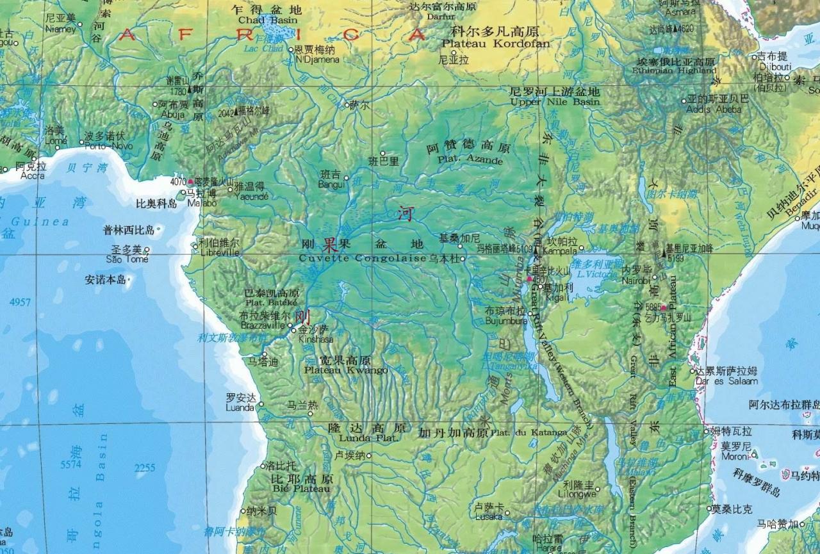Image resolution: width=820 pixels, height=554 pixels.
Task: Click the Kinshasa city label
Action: coord(316,339)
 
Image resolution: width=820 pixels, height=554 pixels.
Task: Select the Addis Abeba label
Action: coord(714,109)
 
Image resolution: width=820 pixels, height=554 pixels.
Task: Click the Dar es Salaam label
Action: coord(726,381)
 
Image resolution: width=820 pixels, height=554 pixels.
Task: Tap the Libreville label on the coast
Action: coord(219,252)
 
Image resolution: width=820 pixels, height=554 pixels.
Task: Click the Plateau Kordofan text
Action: coord(496,44)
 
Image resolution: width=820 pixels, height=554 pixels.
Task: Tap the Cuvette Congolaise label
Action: coord(363,258)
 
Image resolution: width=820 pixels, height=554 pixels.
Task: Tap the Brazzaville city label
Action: coord(262,325)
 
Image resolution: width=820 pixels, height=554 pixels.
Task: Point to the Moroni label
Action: coord(735,457)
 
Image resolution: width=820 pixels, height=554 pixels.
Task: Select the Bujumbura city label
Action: coord(505,320)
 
